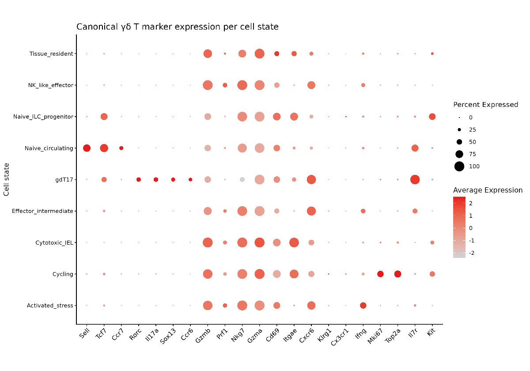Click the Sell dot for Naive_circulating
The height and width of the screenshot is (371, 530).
(x=87, y=148)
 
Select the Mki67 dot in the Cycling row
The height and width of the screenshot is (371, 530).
(x=380, y=274)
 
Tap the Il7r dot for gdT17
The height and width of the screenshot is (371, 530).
(x=415, y=180)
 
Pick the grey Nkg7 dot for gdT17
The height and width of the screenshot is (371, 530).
(x=242, y=180)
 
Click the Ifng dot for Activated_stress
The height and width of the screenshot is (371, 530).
(x=363, y=306)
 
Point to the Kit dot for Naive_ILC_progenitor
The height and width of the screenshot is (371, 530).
(x=432, y=117)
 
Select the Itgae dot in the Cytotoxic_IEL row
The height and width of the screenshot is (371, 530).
(x=294, y=242)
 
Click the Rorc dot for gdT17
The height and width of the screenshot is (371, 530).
(x=139, y=180)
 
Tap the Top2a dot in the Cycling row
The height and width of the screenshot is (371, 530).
(x=398, y=274)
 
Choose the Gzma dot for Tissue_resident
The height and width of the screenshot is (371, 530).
(x=260, y=54)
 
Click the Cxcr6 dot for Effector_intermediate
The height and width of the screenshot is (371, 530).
(x=311, y=211)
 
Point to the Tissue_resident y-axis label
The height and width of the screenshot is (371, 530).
(x=51, y=54)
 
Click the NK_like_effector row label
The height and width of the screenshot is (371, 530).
(x=51, y=85)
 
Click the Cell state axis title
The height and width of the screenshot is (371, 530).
(x=6, y=179)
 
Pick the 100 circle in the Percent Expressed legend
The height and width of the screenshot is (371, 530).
(x=459, y=167)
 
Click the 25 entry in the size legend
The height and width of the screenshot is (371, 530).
(x=466, y=130)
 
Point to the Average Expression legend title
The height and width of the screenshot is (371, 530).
(x=488, y=190)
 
